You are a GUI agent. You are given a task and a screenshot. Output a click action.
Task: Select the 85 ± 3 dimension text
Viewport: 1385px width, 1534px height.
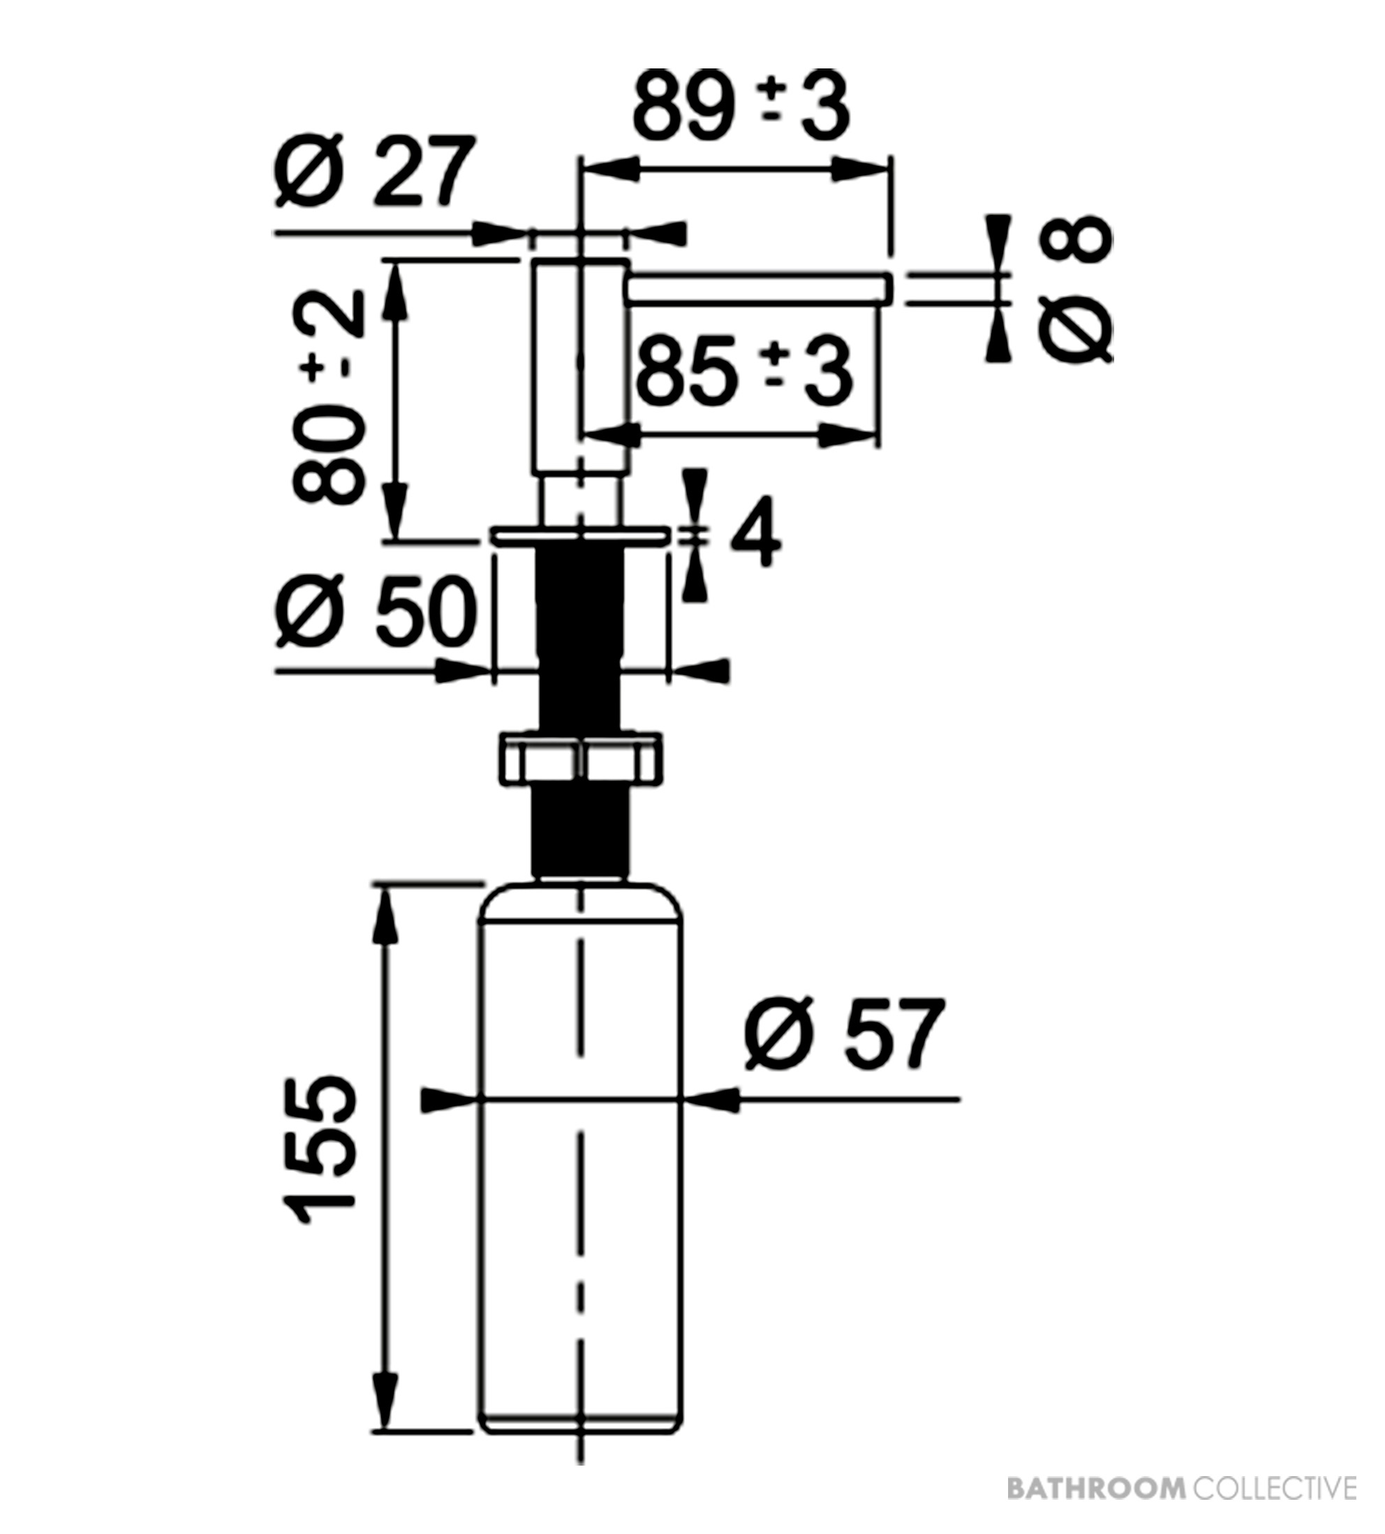(x=743, y=373)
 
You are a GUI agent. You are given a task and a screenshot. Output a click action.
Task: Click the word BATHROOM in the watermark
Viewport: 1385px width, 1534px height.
(x=1096, y=1487)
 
